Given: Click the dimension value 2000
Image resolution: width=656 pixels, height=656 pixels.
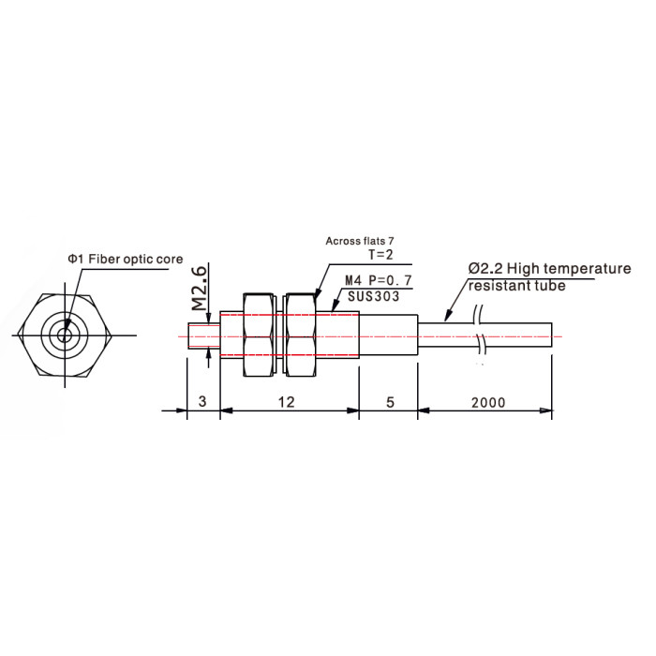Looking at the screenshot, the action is point(488,402).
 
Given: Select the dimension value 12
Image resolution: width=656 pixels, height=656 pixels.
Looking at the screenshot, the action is point(287,402).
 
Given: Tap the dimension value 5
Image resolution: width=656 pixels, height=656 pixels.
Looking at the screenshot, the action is point(390,402).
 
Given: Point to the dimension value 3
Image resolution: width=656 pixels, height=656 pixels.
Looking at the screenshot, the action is point(202,402).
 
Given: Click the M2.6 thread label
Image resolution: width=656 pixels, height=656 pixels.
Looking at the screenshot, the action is point(200,288).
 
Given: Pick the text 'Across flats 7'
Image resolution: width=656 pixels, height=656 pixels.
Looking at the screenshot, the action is point(360,241).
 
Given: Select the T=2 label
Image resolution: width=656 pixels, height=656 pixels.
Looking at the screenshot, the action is point(380,254).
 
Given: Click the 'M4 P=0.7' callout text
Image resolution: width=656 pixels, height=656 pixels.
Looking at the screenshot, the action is point(379,280).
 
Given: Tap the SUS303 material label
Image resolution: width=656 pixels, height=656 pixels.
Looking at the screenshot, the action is point(374,297).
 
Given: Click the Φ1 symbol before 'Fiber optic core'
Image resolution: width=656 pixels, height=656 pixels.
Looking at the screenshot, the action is point(74,260).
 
